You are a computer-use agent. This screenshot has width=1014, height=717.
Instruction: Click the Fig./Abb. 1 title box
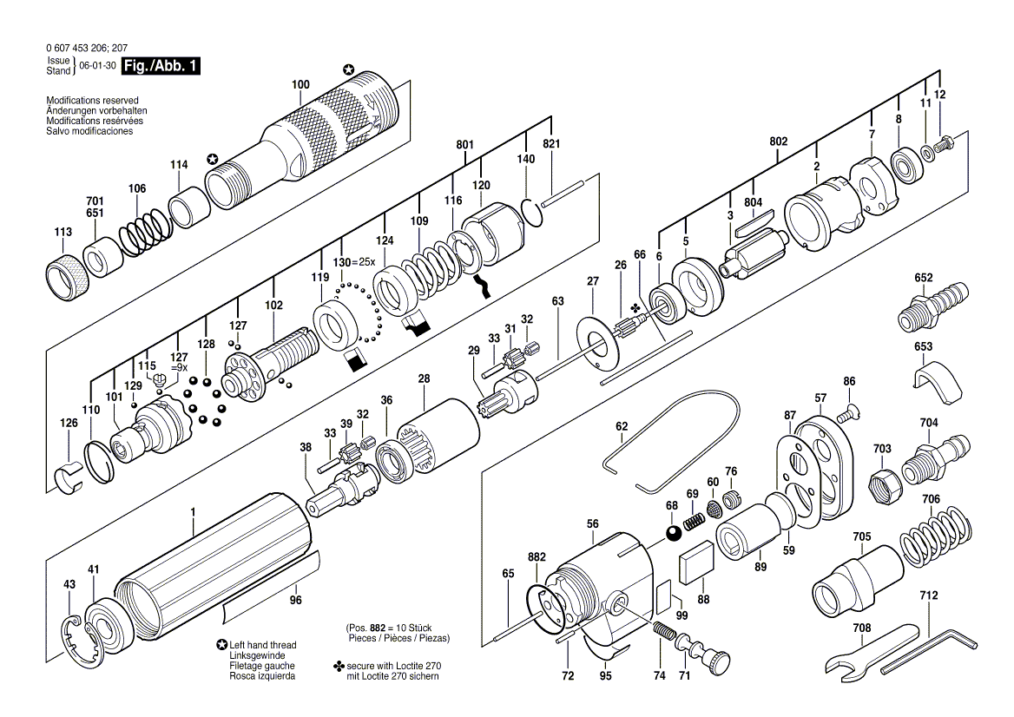tap(161, 65)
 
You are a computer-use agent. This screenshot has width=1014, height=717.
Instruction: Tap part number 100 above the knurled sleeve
tap(300, 84)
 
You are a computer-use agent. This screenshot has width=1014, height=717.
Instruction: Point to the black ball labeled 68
tap(675, 534)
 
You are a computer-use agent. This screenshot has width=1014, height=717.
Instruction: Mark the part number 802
tap(779, 141)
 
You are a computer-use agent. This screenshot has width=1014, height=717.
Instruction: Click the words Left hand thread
tap(262, 645)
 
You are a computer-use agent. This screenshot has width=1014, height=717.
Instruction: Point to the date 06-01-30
tap(97, 66)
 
